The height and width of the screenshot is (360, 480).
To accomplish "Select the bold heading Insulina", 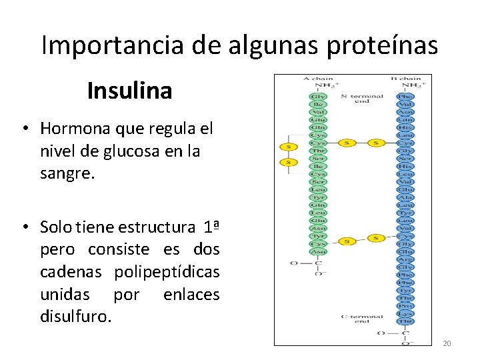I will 129,91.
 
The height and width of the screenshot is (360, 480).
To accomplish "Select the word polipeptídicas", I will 167,273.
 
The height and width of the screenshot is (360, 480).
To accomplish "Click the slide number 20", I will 447,343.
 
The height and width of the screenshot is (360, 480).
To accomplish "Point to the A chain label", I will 318,79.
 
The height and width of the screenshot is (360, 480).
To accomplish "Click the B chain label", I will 405,79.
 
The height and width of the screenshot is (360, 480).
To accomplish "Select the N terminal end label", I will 362,99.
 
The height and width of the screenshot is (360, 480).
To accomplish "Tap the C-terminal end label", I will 362,318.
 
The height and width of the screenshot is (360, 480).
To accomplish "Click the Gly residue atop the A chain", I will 318,97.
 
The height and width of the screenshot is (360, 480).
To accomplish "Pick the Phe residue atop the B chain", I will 405,97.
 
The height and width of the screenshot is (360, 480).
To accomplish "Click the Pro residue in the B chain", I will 405,306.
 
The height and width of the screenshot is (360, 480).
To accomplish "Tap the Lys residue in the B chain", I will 405,314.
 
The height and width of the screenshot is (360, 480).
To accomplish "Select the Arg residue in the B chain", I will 405,259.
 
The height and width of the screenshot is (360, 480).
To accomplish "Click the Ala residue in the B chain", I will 405,197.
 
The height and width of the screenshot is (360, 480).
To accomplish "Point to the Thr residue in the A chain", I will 318,151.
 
